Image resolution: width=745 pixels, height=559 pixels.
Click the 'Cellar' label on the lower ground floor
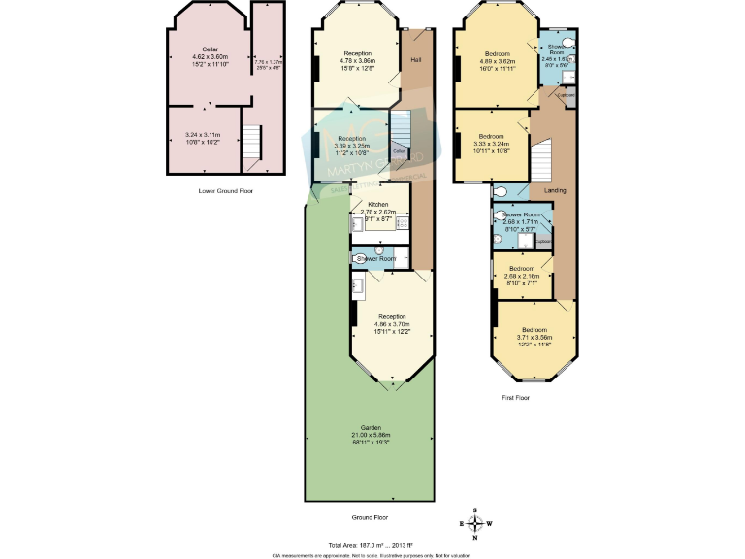(209, 49)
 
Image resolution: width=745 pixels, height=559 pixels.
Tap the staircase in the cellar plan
(251, 147)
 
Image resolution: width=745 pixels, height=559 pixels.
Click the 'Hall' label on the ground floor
(416, 60)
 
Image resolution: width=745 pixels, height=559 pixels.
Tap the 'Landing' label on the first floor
(555, 190)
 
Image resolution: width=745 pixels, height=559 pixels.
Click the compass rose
(475, 525)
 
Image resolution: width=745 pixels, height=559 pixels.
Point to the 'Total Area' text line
(372, 544)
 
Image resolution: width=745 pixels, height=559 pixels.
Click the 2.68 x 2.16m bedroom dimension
(522, 276)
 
